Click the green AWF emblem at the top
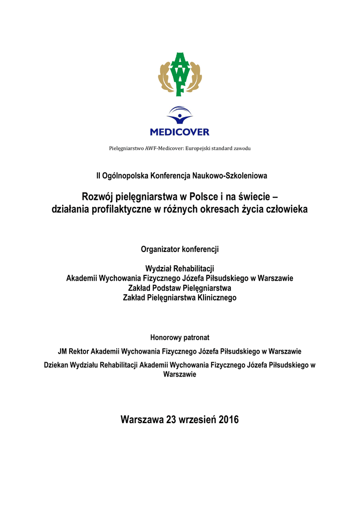point(180,74)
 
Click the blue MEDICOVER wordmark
point(180,132)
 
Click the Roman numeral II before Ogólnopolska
point(98,176)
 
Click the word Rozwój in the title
point(98,197)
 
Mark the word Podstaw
point(166,288)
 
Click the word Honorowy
point(166,338)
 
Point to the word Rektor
point(82,352)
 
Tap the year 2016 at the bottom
point(228,420)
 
